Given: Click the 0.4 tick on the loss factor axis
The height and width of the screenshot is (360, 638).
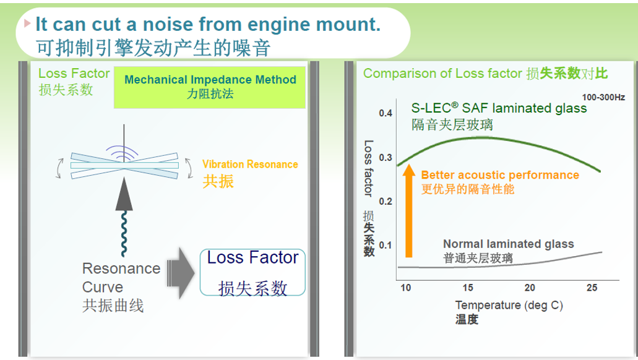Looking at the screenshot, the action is click(386, 113).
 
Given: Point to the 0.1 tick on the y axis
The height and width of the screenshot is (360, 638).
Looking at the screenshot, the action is click(386, 246).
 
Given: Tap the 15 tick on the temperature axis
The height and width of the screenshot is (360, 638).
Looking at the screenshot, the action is click(467, 288).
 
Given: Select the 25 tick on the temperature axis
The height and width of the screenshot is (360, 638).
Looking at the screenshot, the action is click(592, 288).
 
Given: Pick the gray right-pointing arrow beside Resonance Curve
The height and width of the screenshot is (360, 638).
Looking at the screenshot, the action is click(181, 273).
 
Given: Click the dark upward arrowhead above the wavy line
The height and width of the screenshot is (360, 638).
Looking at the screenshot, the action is click(124, 194).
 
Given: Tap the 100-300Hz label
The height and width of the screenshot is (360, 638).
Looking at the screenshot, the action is click(603, 97).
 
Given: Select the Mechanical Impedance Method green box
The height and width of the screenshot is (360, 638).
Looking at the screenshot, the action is click(210, 87).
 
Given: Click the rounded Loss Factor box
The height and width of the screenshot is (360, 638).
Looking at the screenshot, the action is click(252, 272).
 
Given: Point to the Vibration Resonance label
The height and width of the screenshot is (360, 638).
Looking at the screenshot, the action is click(250, 165).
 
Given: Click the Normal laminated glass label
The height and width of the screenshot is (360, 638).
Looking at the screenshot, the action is click(508, 244).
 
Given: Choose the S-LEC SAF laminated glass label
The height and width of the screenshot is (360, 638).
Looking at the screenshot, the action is click(499, 108).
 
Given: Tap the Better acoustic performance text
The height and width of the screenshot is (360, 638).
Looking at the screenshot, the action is click(500, 175).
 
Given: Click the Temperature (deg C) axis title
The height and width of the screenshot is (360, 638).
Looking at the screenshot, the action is click(509, 305).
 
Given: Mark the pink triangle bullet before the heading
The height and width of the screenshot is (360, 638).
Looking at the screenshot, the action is click(27, 23).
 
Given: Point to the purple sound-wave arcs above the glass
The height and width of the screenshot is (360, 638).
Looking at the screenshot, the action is click(122, 153).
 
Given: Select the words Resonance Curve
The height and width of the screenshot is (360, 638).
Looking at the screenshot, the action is click(121, 278).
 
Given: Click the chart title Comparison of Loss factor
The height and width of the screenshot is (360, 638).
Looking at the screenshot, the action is click(442, 73).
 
